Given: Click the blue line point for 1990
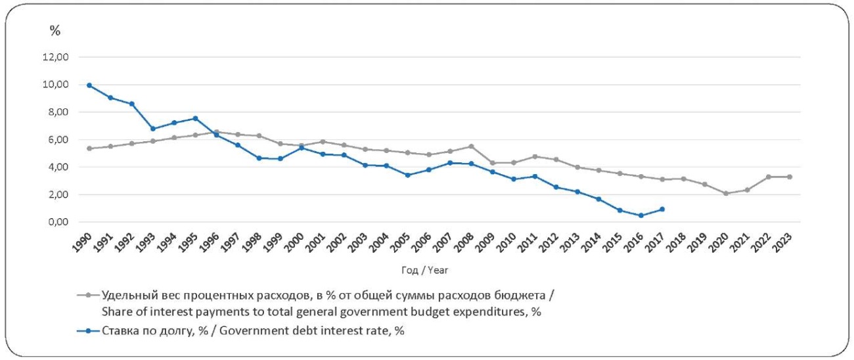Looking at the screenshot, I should tap(89, 85).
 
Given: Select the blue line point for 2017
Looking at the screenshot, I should tap(662, 209).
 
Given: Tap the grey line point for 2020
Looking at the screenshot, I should tap(726, 193).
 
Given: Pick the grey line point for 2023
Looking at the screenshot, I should tap(790, 177).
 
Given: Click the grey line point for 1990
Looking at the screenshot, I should tap(89, 148).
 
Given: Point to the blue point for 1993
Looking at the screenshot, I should tap(152, 129).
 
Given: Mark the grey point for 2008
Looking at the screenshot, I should tap(471, 146).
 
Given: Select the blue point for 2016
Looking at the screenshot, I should tap(640, 215).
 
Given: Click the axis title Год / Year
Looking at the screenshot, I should tap(424, 270).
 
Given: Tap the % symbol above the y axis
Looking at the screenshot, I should tap(55, 31).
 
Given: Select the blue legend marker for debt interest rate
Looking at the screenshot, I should tap(88, 330).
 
